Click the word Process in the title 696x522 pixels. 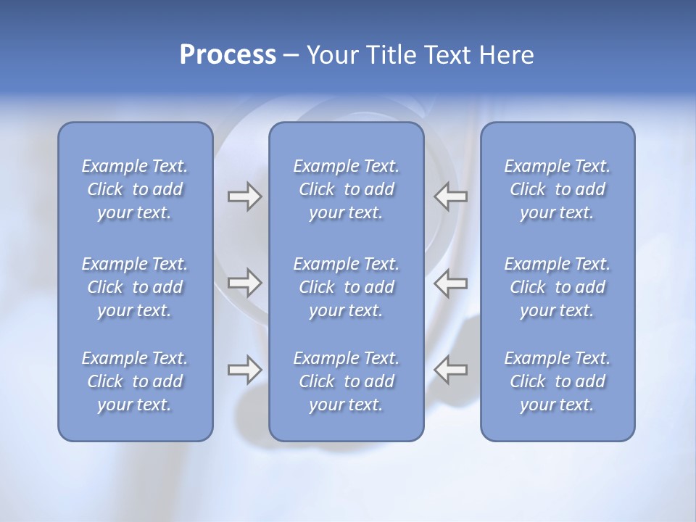coord(228,55)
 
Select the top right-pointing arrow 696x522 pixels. coord(244,196)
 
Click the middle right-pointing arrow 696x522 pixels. coord(244,283)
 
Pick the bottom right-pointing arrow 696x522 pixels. coord(244,370)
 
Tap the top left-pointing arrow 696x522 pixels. coord(451,196)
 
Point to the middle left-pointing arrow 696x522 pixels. coord(451,283)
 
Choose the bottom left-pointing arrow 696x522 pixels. coord(451,370)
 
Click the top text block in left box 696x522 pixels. coord(135,189)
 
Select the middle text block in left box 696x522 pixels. coord(135,287)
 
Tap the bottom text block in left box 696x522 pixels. coord(135,381)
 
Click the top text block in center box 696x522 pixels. coord(346,189)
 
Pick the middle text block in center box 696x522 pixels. coord(346,287)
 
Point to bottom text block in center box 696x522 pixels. coord(346,381)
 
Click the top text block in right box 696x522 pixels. coord(557,189)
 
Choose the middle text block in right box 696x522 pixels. coord(557,287)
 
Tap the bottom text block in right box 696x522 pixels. coord(557,381)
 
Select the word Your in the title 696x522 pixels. coord(331,55)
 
